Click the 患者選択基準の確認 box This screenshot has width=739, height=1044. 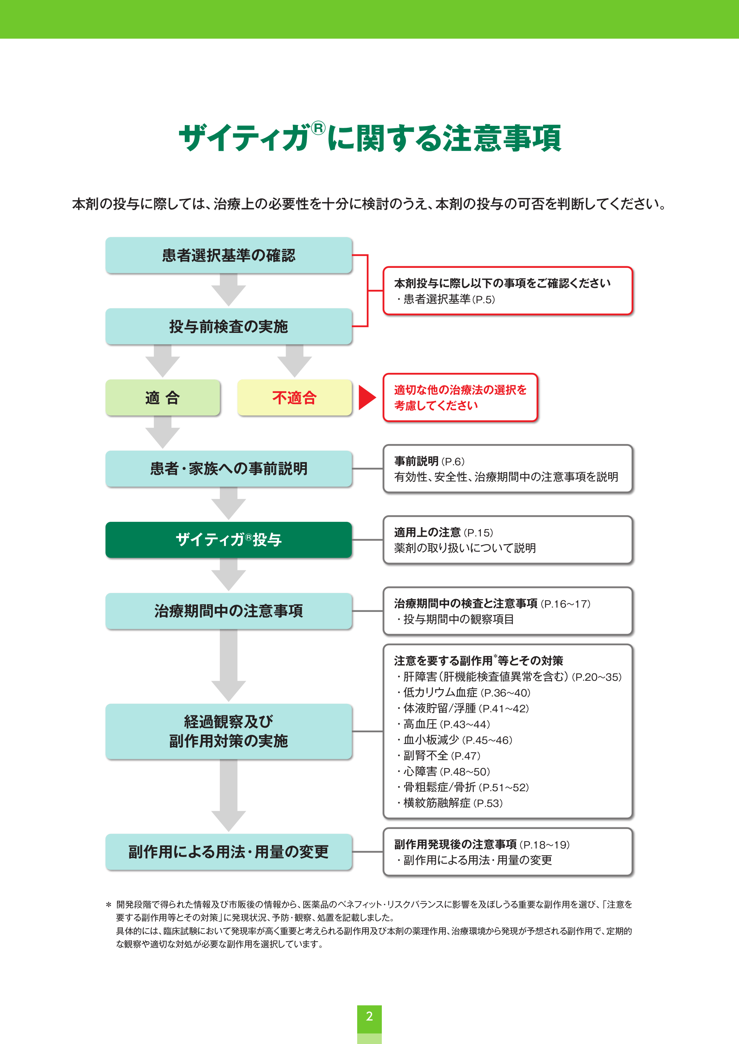coord(228,255)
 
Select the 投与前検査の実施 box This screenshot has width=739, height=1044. coord(228,326)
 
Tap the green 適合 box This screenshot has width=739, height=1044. coord(162,398)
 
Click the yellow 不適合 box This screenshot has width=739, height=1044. coord(294,398)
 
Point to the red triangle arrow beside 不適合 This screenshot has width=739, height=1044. coord(366,398)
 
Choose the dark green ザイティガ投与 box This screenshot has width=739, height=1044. coord(228,540)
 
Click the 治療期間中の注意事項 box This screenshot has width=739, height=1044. coord(228,610)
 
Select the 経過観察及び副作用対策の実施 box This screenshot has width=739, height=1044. coord(228,731)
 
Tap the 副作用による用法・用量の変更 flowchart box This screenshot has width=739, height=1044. coord(228,852)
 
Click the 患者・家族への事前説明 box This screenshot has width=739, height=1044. coord(228,469)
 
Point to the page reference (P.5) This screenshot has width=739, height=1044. coord(484,299)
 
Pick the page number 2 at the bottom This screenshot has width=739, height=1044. coord(369,1016)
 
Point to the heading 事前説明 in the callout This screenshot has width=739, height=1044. coord(416,461)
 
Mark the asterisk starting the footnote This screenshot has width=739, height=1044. coord(109,905)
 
